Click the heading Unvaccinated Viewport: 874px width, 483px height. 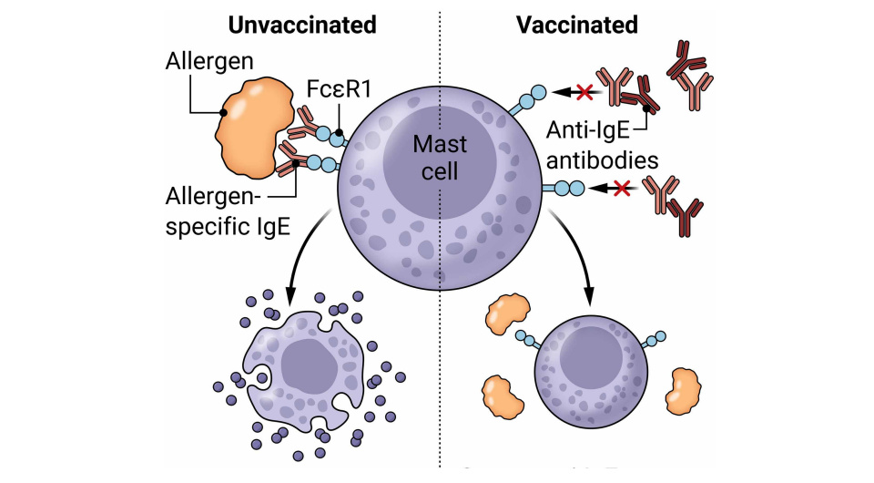[x=302, y=25]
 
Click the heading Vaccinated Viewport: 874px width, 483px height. [x=577, y=25]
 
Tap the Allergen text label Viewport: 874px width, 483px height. [x=209, y=63]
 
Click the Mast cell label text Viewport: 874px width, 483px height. [x=440, y=157]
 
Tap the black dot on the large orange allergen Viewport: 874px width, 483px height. [x=222, y=113]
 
